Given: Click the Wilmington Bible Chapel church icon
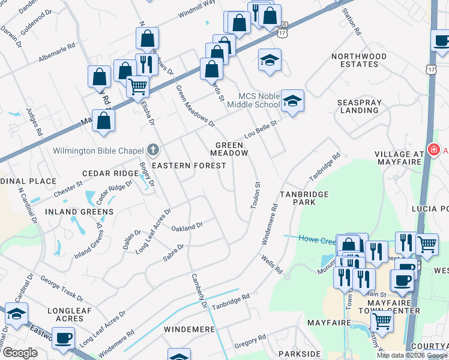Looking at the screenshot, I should pos(153,149).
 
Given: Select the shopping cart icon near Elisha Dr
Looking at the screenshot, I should pos(138,86).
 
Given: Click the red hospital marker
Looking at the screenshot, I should pos(432,149).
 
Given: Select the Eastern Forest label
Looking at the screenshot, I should pos(179,165).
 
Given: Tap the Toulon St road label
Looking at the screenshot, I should pos(256,195).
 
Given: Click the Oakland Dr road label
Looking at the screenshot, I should pos(187,227).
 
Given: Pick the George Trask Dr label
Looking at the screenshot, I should pos(62,287).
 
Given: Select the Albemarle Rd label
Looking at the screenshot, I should pos(56,49).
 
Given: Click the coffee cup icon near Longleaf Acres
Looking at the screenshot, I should pos(63,338).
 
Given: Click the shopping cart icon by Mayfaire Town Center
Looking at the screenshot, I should pos(382,321).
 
